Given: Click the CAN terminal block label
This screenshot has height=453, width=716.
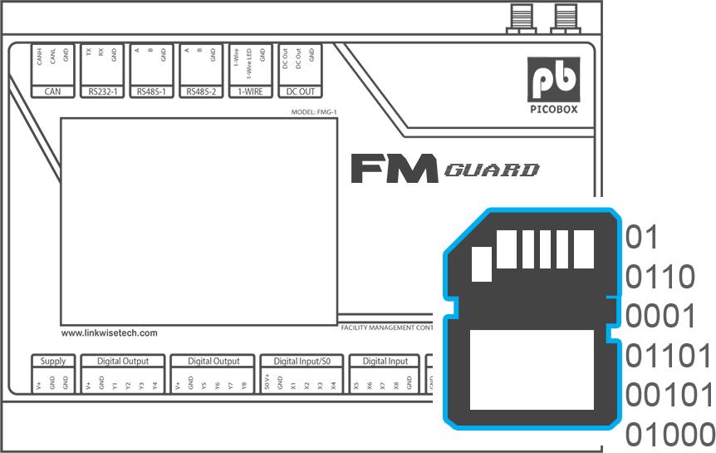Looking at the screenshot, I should click(x=53, y=91).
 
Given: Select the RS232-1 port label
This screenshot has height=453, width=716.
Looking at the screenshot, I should click(x=102, y=91).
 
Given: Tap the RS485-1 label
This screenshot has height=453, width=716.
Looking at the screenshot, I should click(x=151, y=91).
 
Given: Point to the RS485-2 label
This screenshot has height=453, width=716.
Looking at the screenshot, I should click(x=200, y=91).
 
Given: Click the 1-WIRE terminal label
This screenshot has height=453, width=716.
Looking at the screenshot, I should click(x=250, y=91).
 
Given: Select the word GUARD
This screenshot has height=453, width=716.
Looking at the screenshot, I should click(x=493, y=171).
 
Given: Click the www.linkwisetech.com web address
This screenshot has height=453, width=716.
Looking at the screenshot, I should click(x=110, y=333).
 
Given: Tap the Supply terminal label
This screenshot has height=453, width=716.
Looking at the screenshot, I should click(x=53, y=362).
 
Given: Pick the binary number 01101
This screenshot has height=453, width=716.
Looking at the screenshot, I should click(x=668, y=356).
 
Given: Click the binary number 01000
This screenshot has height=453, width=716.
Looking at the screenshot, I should click(x=669, y=434).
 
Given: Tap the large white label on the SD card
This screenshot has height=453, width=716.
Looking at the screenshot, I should click(x=532, y=367).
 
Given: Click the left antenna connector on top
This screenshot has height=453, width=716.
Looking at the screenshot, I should click(x=522, y=17).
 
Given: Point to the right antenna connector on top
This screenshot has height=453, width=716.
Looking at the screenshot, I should click(x=567, y=17).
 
